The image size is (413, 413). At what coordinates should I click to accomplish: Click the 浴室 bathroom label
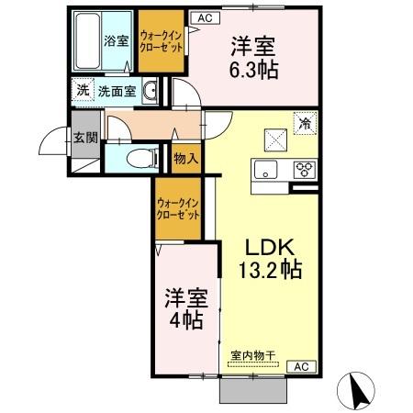point(115,40)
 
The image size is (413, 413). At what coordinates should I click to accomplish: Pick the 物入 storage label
point(185,158)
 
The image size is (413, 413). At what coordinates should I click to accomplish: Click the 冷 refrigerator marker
point(302,120)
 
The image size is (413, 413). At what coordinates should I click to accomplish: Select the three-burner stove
point(304,169)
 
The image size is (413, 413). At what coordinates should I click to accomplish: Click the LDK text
point(267,248)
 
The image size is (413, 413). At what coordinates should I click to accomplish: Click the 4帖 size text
point(184,320)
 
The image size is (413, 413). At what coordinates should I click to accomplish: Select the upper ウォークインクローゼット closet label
point(162,40)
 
